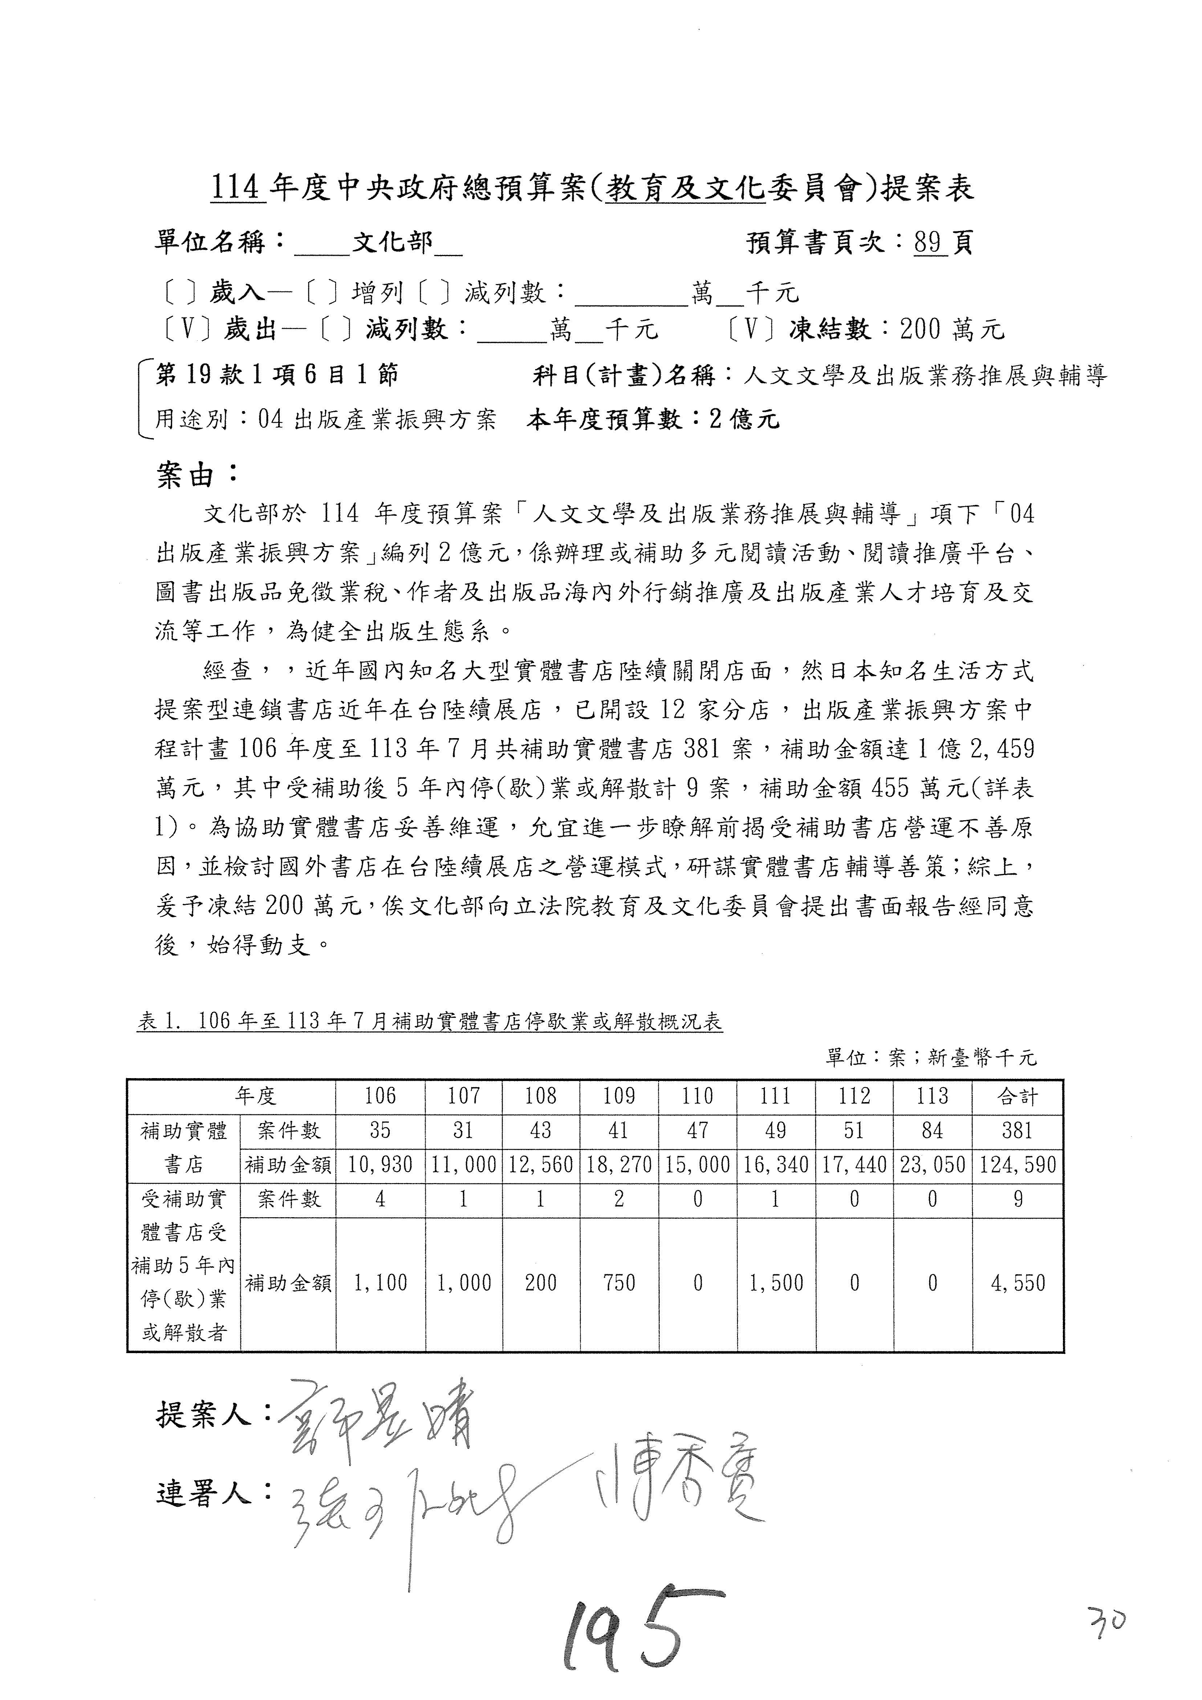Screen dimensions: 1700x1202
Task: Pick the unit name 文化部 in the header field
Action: tap(392, 242)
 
